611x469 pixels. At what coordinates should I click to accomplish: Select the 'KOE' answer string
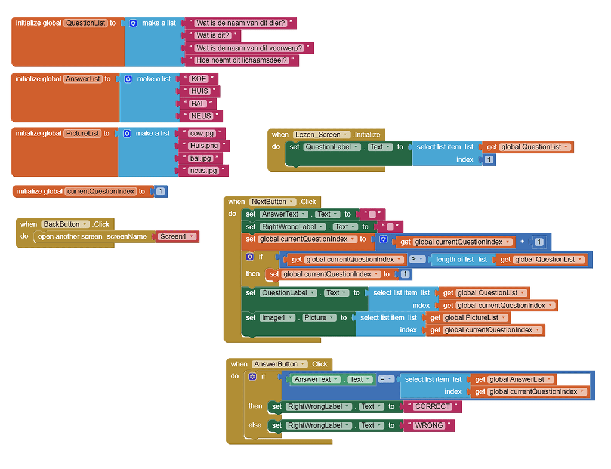(x=199, y=79)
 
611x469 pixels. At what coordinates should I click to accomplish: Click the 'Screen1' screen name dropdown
(x=177, y=236)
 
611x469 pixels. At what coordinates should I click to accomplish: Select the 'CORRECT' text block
(x=433, y=406)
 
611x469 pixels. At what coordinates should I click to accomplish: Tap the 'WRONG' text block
(x=429, y=425)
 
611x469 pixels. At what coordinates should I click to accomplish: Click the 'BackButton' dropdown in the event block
(x=64, y=224)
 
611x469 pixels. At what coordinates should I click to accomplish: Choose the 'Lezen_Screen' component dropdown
(x=321, y=134)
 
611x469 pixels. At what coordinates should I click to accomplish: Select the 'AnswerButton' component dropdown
(x=279, y=364)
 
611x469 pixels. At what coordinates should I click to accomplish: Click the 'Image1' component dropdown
(x=277, y=317)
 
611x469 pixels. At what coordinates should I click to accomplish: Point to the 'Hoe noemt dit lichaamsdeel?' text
(x=242, y=60)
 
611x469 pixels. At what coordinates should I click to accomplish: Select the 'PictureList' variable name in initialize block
(x=82, y=134)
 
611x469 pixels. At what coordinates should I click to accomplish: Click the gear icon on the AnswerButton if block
(x=252, y=377)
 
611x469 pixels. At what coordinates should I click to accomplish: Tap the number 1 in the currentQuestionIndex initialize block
(x=161, y=192)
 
